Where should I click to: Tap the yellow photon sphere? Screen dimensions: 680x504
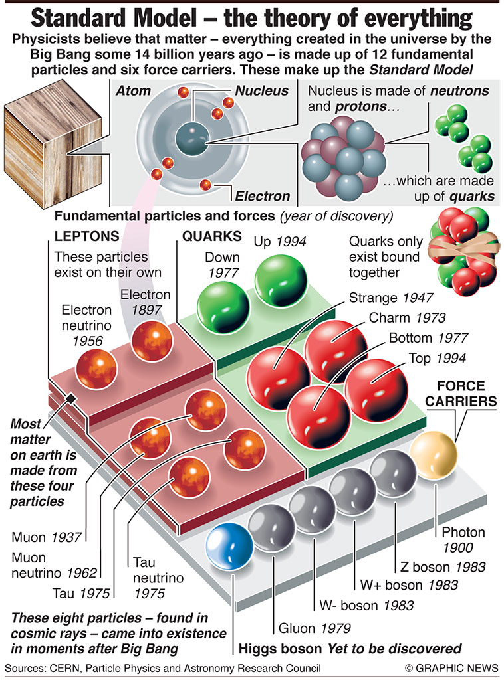coord(434,455)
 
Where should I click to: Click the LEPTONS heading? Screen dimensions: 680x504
coord(87,236)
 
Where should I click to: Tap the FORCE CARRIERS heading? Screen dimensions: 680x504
coord(470,393)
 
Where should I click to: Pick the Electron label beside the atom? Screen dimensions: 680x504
coord(263,195)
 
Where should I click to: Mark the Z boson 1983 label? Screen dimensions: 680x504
coord(443,567)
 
